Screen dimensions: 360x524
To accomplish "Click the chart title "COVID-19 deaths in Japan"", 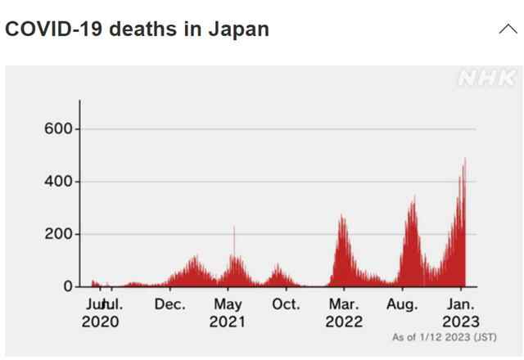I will point(137,29).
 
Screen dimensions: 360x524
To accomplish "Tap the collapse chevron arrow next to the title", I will point(508,29).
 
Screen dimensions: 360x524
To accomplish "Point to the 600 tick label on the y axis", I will point(59,128).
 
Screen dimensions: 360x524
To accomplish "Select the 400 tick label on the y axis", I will point(59,181).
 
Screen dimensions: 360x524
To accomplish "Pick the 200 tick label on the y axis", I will point(59,234).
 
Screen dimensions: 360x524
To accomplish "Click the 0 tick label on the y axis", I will point(69,286).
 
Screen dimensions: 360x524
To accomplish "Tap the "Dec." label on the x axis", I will point(169,304).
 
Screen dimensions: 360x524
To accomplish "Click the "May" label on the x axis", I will point(228,304).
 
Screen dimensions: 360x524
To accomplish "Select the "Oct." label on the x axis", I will point(286,304).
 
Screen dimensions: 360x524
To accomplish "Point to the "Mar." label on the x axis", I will point(344,304).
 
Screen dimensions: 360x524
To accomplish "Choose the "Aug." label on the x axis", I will point(402,304).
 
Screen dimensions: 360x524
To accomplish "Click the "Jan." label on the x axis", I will point(461,304).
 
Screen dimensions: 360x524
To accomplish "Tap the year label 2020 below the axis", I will point(100,322).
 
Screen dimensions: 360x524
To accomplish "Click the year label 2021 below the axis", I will point(228,322).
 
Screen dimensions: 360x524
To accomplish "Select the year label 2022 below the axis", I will point(344,322).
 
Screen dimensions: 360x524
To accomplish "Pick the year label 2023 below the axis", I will point(461,322).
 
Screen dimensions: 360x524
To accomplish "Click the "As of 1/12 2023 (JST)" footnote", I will point(444,337).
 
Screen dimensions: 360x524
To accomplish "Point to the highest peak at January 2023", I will point(465,160).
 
